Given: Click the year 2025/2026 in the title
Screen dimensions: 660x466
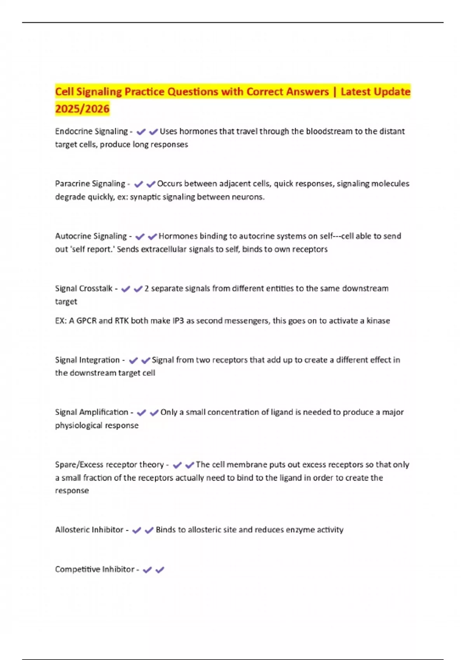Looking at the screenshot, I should [82, 109].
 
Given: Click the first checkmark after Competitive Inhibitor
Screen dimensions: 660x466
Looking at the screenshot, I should [147, 570].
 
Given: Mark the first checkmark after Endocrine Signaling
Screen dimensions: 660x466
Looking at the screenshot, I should [141, 132].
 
